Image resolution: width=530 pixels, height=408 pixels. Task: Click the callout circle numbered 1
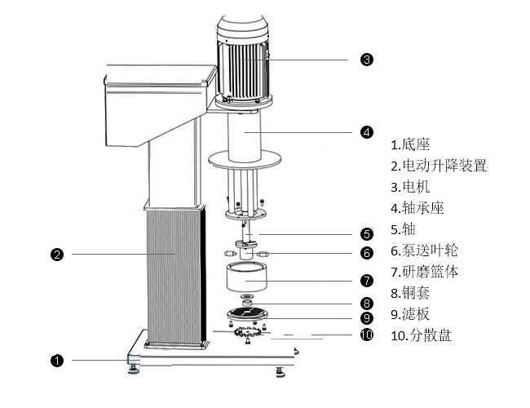point(57,359)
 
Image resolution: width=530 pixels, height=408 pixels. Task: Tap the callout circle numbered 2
point(57,254)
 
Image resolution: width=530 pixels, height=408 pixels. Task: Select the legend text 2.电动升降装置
point(439,166)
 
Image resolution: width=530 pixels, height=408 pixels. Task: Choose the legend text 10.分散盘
point(421,335)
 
